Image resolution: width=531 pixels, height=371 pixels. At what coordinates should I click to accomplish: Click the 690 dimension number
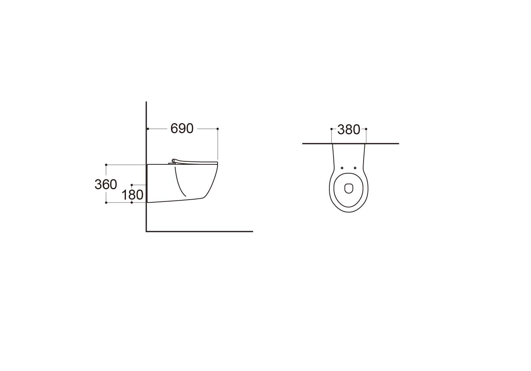point(182,129)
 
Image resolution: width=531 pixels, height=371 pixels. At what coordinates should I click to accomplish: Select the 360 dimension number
point(106,184)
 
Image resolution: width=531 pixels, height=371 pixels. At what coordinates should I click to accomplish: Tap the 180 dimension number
point(132,195)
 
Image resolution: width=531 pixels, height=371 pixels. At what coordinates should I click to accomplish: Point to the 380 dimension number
point(349,129)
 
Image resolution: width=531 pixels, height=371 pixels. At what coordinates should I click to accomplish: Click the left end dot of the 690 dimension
point(148,129)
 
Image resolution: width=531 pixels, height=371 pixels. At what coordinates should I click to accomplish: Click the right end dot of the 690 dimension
point(218,129)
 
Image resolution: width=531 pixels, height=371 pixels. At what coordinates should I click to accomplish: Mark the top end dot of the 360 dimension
point(106,165)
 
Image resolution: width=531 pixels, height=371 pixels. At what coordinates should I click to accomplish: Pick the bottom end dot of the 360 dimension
point(106,203)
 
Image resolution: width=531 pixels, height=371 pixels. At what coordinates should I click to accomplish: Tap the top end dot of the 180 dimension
point(132,185)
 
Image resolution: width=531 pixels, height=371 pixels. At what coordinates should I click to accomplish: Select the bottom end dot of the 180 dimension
point(132,203)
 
